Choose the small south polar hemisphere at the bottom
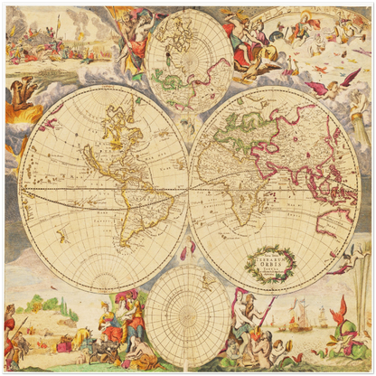187,315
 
